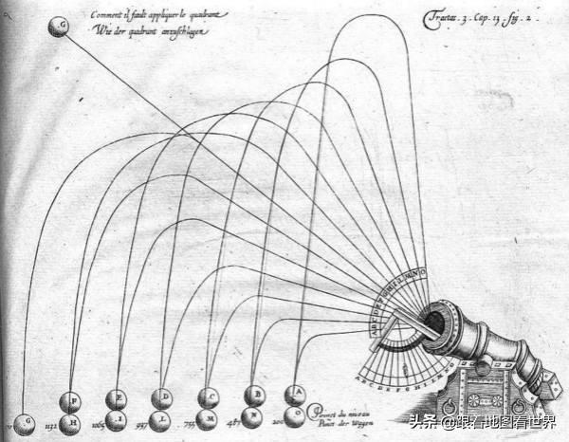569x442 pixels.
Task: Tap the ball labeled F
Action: tap(70, 401)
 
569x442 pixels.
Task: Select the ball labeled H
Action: tap(70, 422)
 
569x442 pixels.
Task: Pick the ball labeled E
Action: tap(117, 398)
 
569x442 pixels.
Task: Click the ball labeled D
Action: tap(163, 396)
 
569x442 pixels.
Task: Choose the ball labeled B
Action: tap(254, 395)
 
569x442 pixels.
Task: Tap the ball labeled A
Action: tap(297, 392)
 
